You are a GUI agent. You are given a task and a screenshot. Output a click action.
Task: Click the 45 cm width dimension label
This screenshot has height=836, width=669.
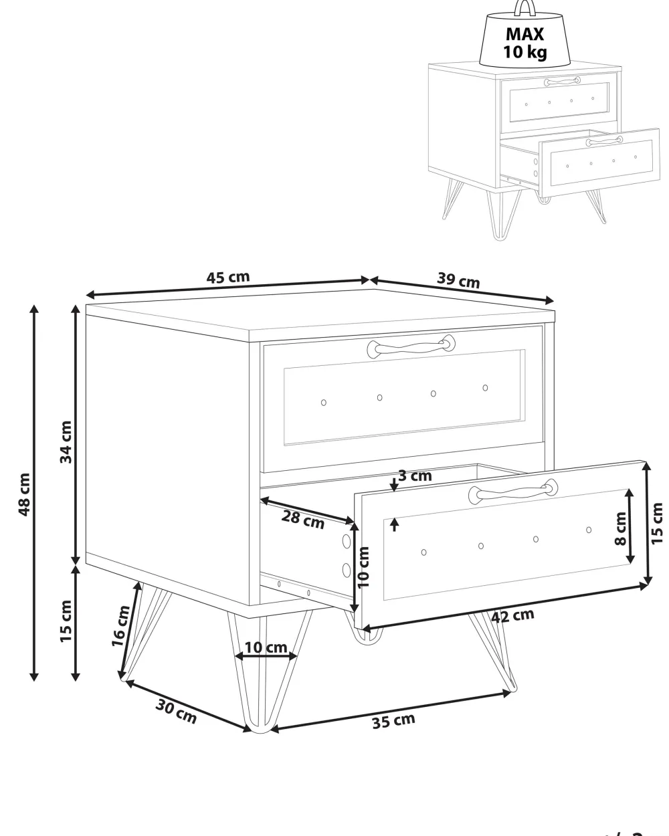(227, 278)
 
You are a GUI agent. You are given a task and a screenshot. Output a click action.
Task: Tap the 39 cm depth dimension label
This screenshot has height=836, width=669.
(459, 280)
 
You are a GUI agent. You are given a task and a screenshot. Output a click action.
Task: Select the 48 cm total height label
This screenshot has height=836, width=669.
(25, 494)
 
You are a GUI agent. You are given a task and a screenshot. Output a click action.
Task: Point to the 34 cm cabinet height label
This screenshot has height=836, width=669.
(66, 441)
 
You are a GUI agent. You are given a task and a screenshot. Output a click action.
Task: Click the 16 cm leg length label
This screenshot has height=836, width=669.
(120, 626)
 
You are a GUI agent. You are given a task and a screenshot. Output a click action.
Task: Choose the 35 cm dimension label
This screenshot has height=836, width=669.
(394, 722)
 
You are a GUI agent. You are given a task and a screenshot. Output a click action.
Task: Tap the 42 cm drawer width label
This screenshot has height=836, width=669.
(512, 617)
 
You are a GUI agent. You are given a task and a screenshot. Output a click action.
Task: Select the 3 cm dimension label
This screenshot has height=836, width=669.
(415, 476)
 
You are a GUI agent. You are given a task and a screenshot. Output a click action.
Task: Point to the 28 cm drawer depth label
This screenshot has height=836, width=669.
(303, 520)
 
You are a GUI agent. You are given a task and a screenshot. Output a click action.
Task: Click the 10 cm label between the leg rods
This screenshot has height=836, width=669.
(266, 647)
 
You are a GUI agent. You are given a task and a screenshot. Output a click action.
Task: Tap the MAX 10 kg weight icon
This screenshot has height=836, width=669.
(524, 37)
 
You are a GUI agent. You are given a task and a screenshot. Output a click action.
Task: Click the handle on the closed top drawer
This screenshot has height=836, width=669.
(411, 346)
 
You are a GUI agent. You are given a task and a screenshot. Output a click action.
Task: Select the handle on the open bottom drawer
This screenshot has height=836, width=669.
(512, 492)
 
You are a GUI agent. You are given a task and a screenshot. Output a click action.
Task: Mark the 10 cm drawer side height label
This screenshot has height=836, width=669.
(363, 567)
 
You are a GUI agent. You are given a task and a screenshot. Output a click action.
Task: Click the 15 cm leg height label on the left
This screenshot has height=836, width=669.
(66, 621)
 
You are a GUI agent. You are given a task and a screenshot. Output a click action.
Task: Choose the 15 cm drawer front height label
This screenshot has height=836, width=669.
(656, 523)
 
